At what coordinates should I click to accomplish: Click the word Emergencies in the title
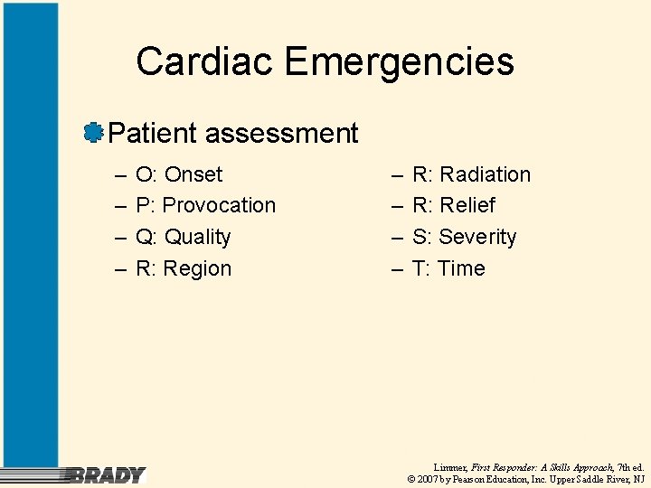(399, 61)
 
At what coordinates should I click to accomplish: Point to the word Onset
(193, 174)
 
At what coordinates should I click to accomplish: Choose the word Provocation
(219, 205)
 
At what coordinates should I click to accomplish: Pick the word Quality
(197, 237)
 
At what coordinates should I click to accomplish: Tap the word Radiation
(485, 174)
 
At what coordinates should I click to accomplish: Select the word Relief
(467, 205)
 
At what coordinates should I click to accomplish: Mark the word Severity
(477, 237)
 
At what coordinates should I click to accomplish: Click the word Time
(461, 268)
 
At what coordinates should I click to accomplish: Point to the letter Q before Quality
(143, 237)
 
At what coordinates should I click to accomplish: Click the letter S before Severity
(420, 237)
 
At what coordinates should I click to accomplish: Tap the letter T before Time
(419, 268)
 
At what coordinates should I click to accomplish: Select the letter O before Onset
(143, 174)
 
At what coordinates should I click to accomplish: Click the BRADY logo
(107, 474)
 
